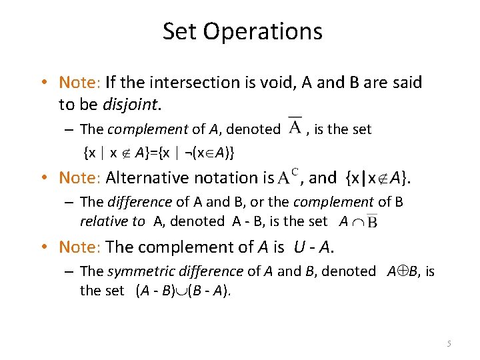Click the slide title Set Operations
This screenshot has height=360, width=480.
(x=242, y=31)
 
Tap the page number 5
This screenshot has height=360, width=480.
(x=449, y=343)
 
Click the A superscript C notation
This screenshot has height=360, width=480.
(x=287, y=177)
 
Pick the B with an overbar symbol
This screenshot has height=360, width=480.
(x=371, y=221)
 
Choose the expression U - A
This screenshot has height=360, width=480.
(x=312, y=247)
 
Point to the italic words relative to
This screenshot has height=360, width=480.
(x=112, y=221)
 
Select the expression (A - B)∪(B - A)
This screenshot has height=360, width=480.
(x=183, y=290)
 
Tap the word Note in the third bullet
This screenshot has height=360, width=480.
(x=78, y=247)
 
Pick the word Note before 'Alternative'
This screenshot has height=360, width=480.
(x=78, y=177)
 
